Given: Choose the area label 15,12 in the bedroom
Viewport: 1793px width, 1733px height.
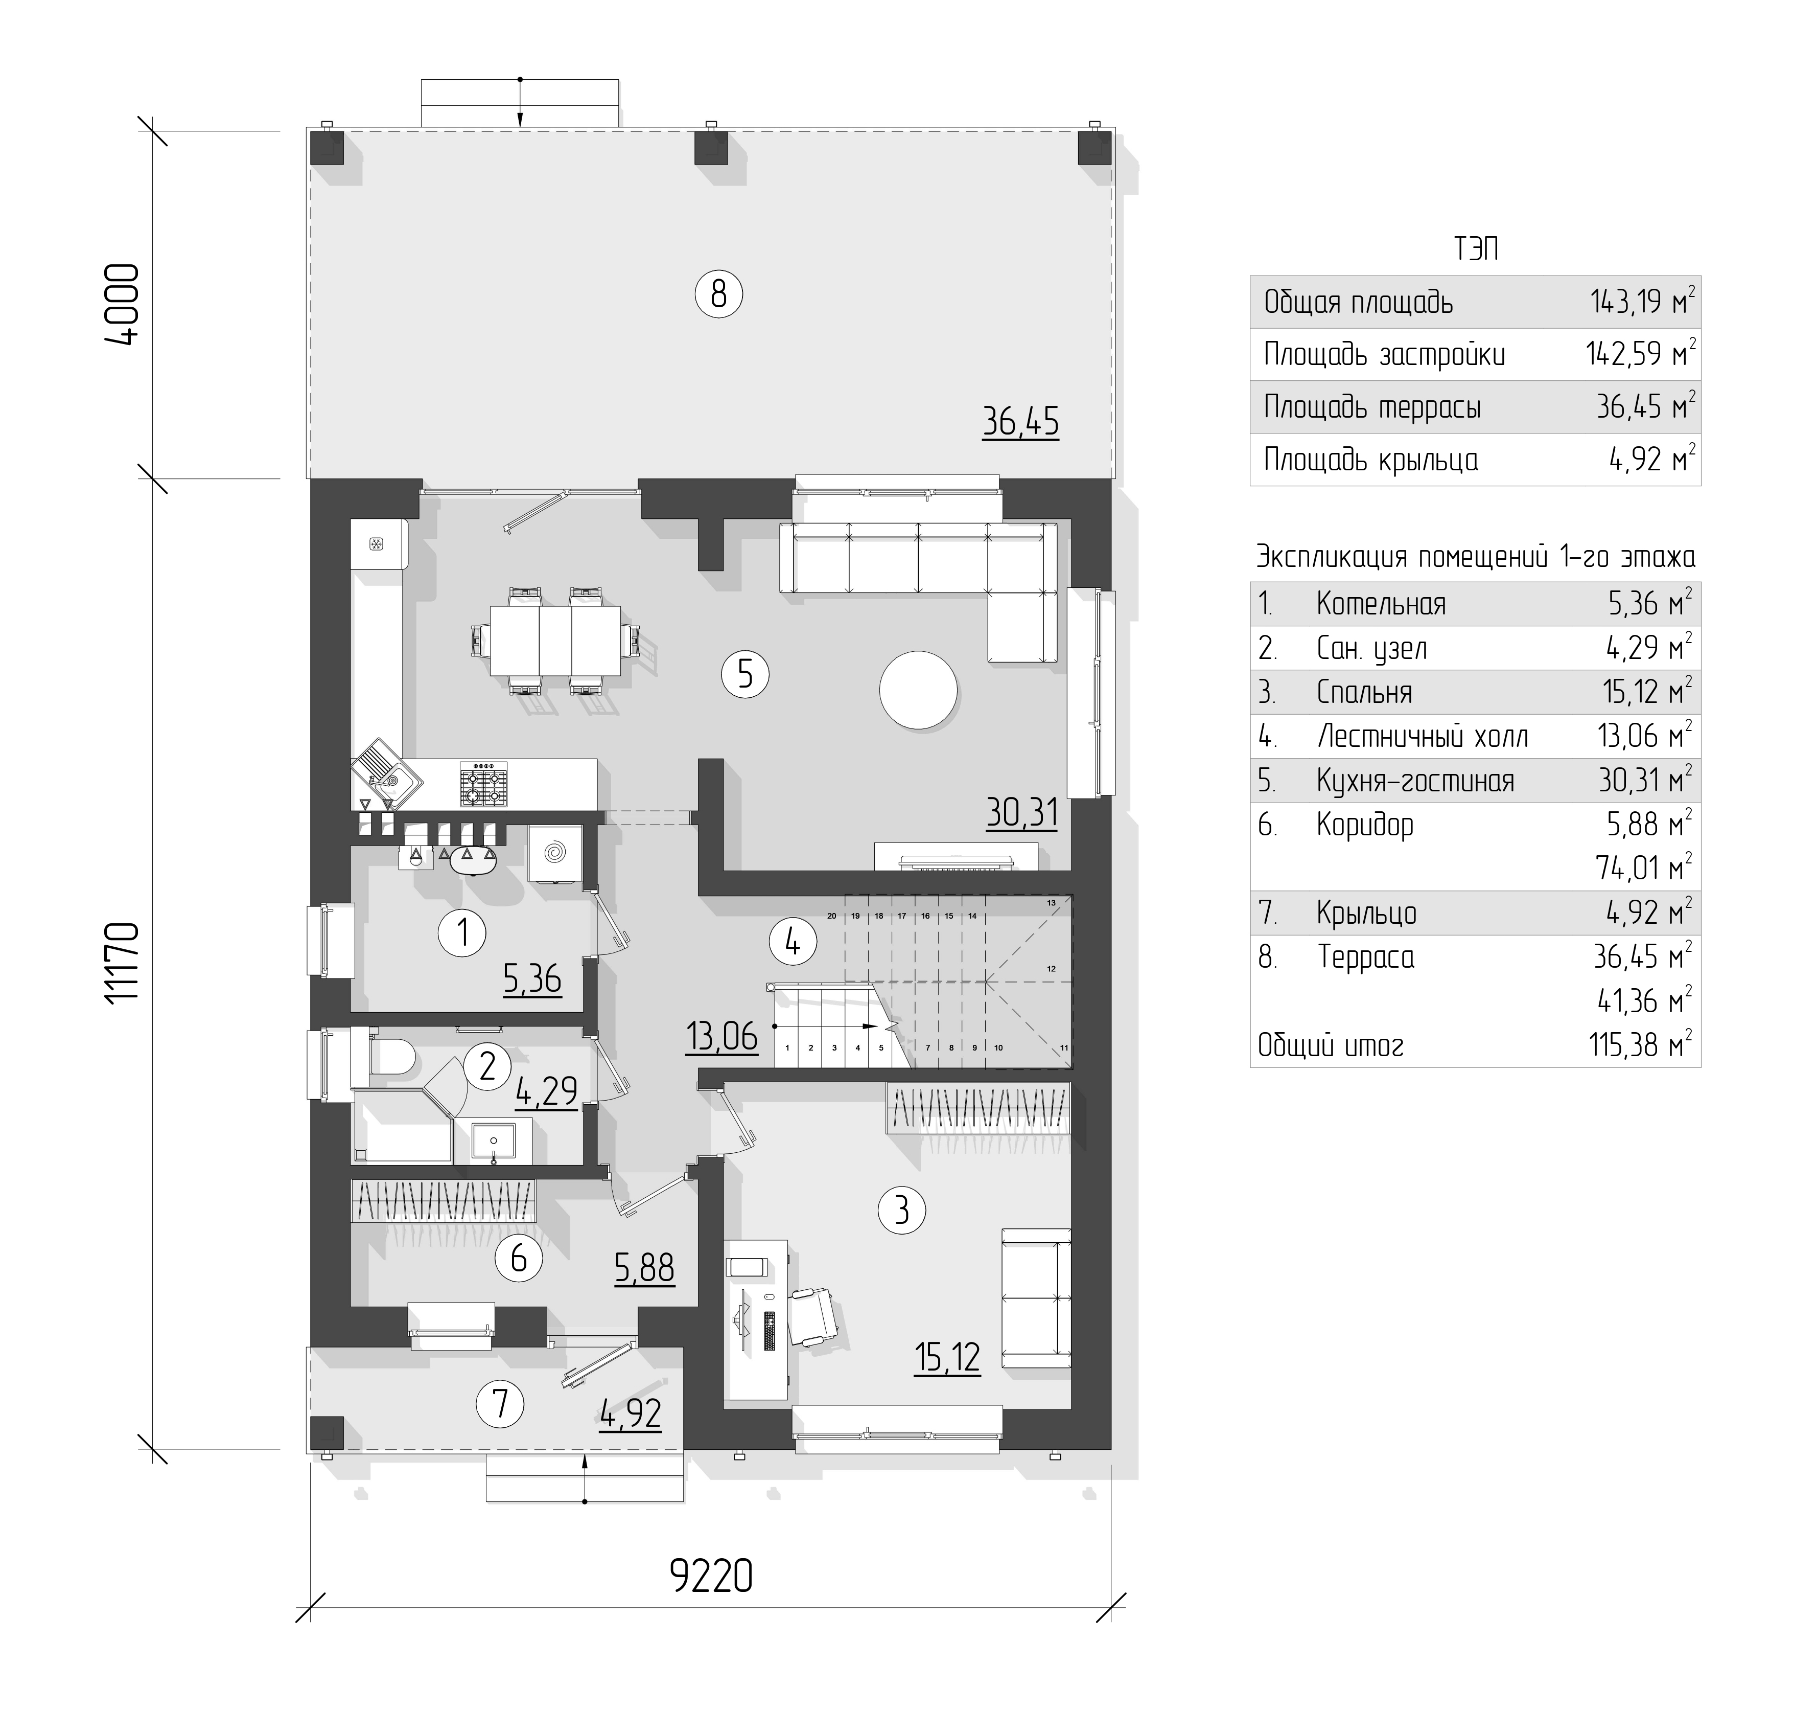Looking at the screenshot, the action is click(x=947, y=1357).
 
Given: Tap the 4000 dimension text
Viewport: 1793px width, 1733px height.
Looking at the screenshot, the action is click(x=122, y=305).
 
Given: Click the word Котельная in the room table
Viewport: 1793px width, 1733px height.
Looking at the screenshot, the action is click(x=1381, y=604).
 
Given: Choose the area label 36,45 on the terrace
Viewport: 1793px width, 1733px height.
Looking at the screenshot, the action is click(x=1021, y=422).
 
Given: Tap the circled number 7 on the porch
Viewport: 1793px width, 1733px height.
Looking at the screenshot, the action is click(x=500, y=1404).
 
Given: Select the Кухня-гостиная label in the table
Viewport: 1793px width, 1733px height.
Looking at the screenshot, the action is click(x=1415, y=781).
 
